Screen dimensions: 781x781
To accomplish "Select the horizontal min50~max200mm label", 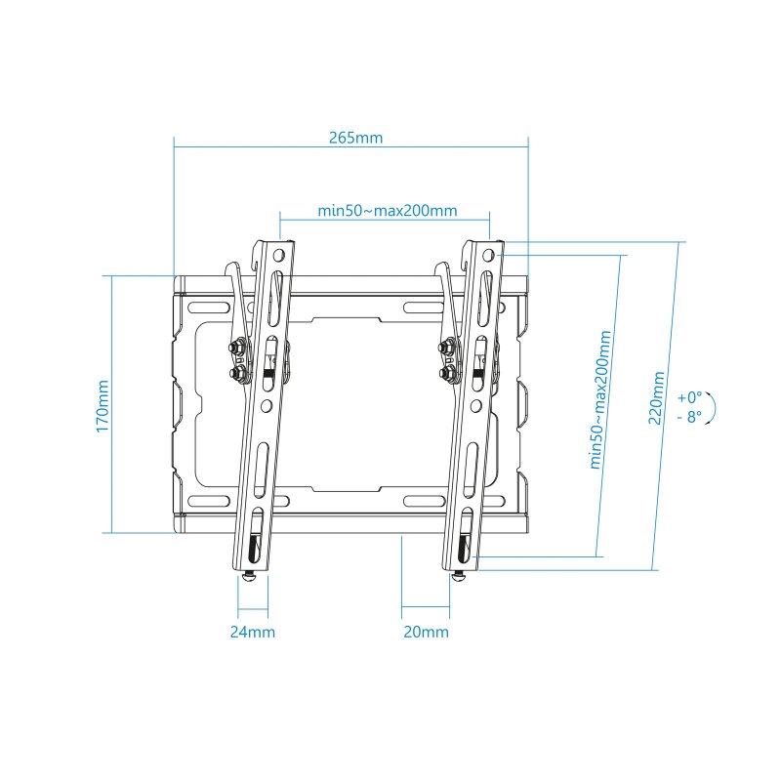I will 388,211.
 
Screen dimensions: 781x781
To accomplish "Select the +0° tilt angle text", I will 689,397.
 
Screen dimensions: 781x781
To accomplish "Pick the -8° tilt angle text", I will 689,417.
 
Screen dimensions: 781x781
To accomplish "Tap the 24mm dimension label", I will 252,632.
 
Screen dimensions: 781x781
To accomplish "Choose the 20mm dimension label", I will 426,632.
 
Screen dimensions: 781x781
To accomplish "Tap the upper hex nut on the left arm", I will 237,347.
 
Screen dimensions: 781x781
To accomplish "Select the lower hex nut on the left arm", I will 237,373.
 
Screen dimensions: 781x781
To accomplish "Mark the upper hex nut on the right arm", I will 448,347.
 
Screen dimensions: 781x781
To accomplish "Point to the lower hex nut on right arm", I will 448,373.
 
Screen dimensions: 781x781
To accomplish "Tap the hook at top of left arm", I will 232,268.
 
